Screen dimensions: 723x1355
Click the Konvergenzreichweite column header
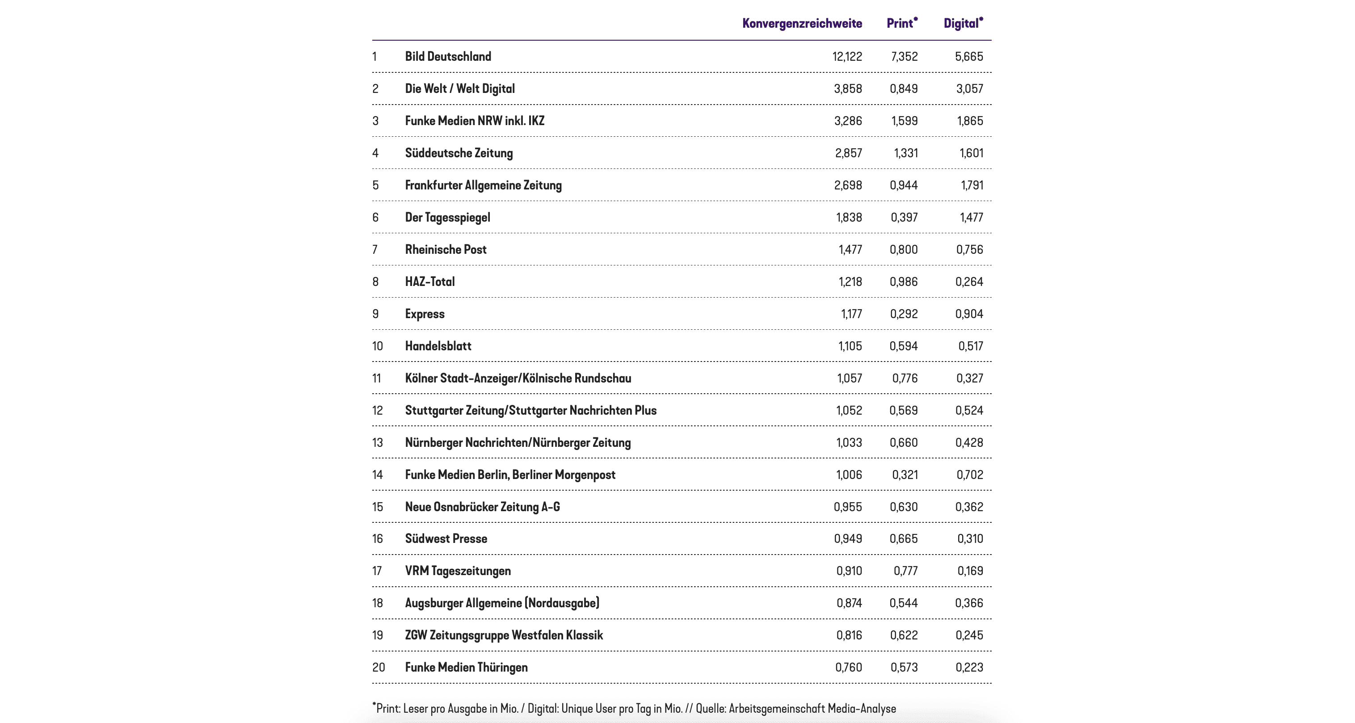[802, 24]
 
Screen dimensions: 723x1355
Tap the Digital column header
[962, 24]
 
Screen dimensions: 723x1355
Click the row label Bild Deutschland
[448, 57]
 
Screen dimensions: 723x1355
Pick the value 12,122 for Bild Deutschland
[847, 57]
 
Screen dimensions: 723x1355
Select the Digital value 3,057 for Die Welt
[969, 89]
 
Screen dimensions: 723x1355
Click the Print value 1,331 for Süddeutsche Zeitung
[905, 153]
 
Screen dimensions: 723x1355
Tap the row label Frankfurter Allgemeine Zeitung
[483, 185]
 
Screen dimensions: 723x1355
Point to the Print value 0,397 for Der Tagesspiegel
[904, 218]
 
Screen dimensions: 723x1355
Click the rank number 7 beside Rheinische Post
[375, 250]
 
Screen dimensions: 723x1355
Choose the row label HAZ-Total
[430, 282]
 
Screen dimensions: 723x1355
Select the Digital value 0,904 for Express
[969, 314]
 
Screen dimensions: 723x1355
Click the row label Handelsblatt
[438, 346]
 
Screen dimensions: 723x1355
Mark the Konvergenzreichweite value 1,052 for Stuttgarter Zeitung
[849, 411]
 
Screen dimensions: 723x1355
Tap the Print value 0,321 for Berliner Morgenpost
[905, 475]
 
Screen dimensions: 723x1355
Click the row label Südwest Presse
[446, 539]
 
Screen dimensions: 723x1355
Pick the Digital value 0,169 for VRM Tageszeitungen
[969, 571]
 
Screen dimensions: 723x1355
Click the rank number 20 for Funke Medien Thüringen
[378, 668]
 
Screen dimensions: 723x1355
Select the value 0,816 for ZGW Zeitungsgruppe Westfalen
[849, 635]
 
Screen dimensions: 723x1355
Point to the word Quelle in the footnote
[710, 709]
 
